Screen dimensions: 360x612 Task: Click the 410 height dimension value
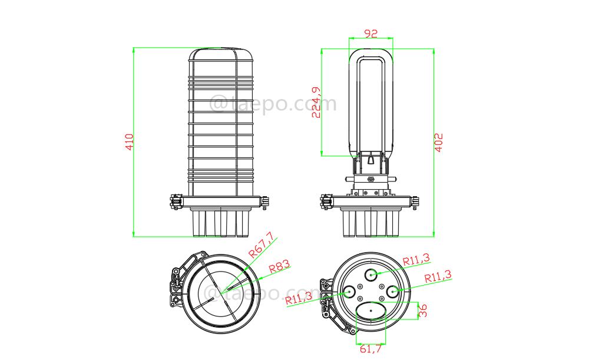(x=130, y=141)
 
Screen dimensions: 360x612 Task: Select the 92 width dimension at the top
(x=370, y=34)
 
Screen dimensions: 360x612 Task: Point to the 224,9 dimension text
(x=316, y=103)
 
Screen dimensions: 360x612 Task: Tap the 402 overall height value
(x=439, y=143)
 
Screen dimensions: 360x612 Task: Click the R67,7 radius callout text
(x=262, y=245)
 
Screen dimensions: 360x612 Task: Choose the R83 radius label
(x=280, y=267)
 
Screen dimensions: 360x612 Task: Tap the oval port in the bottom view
(x=371, y=310)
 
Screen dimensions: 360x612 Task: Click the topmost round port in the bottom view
(x=372, y=273)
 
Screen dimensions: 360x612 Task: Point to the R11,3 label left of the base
(x=299, y=298)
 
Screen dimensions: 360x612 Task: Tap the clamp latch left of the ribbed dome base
(x=175, y=202)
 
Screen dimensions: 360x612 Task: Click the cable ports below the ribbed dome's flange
(x=221, y=223)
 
